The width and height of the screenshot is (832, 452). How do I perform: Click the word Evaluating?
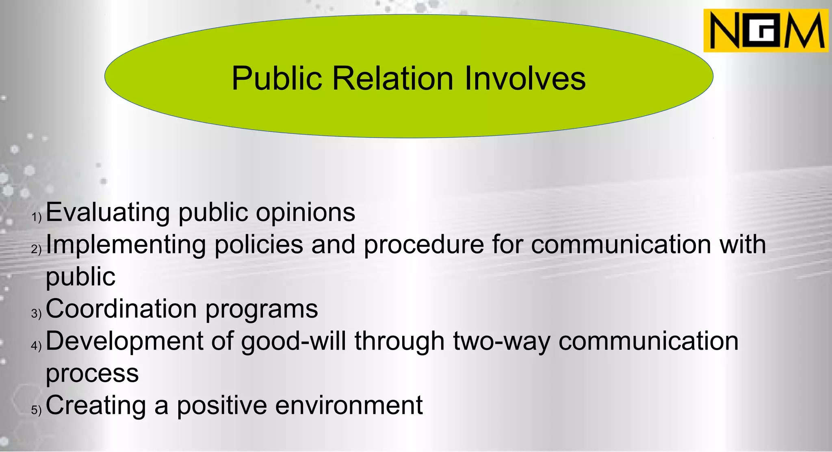pos(108,212)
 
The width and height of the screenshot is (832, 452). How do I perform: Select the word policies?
pos(259,245)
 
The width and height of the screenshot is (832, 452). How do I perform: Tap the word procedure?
pos(424,245)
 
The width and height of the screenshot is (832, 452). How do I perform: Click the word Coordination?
pos(121,309)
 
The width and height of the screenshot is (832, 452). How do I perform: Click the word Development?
pos(124,341)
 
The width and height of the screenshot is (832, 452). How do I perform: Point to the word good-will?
pos(294,341)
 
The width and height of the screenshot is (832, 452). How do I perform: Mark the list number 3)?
pos(37,313)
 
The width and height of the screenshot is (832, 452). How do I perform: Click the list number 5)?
pos(37,410)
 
